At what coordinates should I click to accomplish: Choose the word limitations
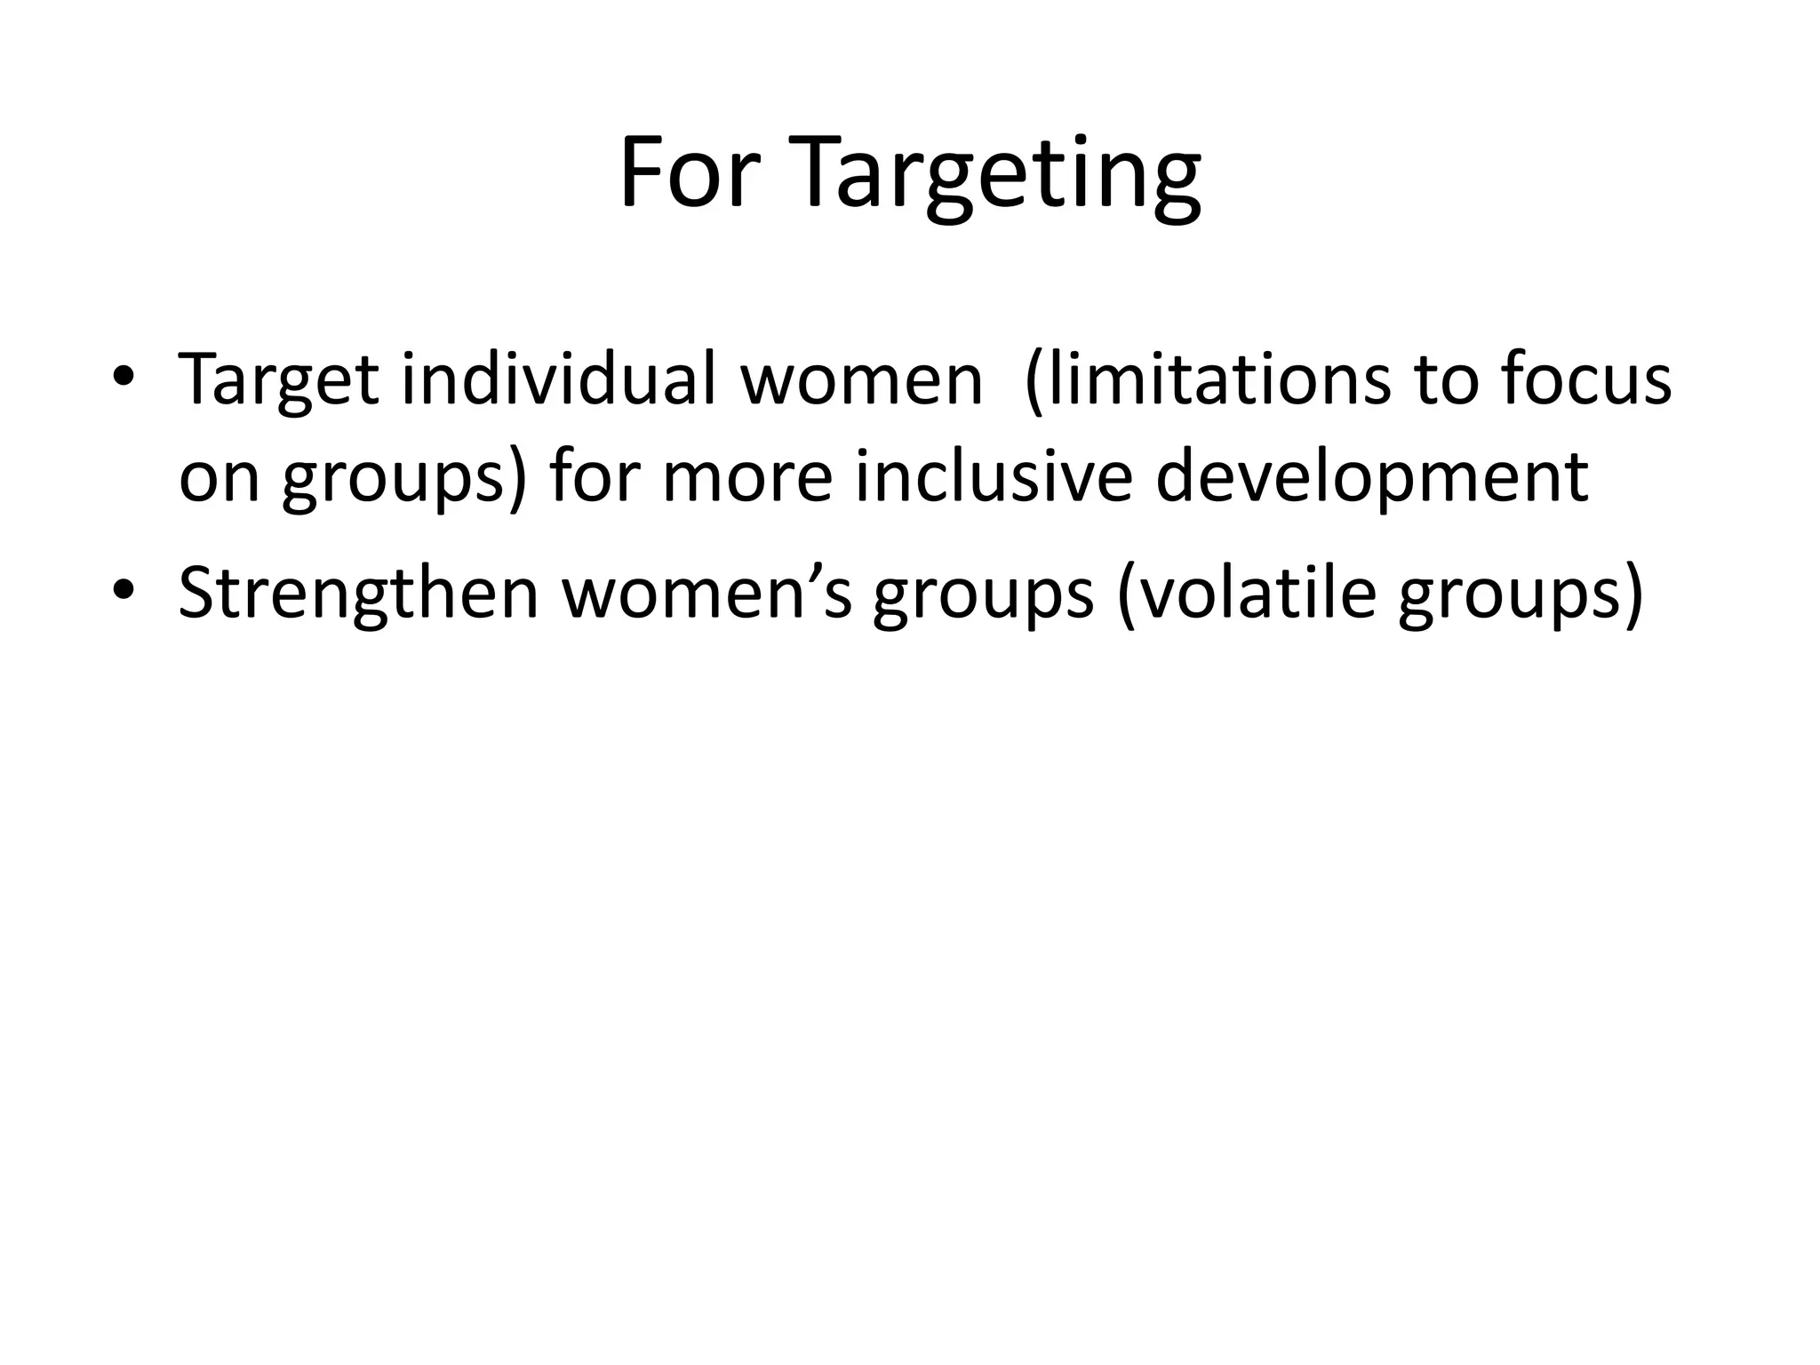[x=1209, y=380]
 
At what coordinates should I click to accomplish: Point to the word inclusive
[x=994, y=477]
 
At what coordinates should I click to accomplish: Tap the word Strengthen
[x=358, y=594]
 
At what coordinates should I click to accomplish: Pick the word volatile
[x=1248, y=594]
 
